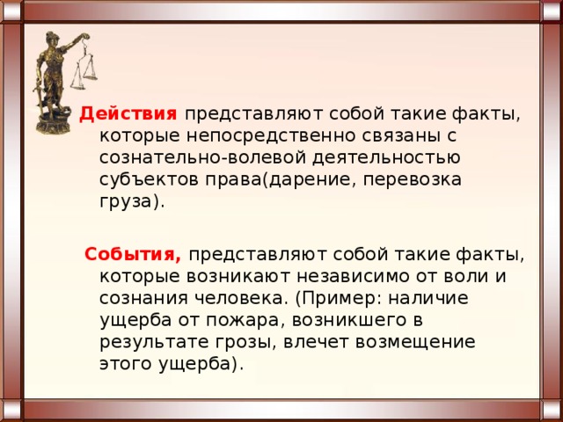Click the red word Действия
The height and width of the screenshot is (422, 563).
(x=128, y=114)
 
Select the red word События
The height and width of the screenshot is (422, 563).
(x=133, y=254)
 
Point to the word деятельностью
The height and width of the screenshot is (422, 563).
(x=386, y=158)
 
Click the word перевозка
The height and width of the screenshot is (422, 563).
(x=413, y=180)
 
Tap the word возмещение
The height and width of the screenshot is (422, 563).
(x=415, y=343)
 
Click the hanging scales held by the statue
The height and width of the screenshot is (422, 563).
(x=84, y=63)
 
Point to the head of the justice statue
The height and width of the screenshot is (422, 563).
(x=51, y=39)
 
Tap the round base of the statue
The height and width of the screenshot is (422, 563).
(x=53, y=124)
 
